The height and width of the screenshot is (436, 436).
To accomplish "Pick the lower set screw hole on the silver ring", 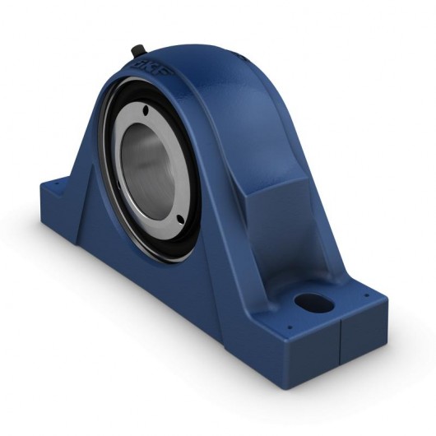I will [x=180, y=216].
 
